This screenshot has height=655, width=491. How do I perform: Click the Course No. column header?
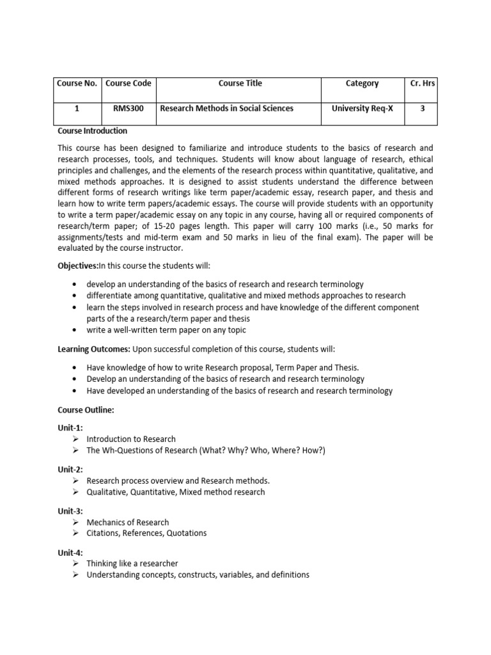(x=76, y=83)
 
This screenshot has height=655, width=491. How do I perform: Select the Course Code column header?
(x=128, y=83)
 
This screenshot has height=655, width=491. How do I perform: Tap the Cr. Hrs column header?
(x=422, y=83)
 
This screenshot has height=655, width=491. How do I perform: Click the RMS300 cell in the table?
(x=128, y=109)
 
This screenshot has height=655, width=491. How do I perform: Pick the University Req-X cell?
(x=362, y=109)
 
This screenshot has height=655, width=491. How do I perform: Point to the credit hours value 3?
(x=422, y=109)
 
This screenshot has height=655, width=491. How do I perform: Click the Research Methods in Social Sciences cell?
(x=226, y=109)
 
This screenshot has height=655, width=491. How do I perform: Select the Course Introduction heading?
(x=92, y=131)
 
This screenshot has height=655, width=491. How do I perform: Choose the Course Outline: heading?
(x=86, y=410)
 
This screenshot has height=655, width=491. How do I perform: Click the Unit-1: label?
(x=70, y=427)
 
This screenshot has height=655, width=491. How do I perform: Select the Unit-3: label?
(x=70, y=511)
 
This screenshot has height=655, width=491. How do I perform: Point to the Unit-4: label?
(x=70, y=553)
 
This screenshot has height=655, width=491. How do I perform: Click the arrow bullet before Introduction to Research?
(x=75, y=439)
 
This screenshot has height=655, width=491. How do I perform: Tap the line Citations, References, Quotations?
(x=146, y=533)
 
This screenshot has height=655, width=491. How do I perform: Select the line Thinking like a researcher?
(x=132, y=564)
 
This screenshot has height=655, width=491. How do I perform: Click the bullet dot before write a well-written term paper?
(x=75, y=331)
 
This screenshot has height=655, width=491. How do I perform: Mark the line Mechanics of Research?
(x=128, y=523)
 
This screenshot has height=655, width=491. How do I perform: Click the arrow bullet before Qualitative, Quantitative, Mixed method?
(x=75, y=492)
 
